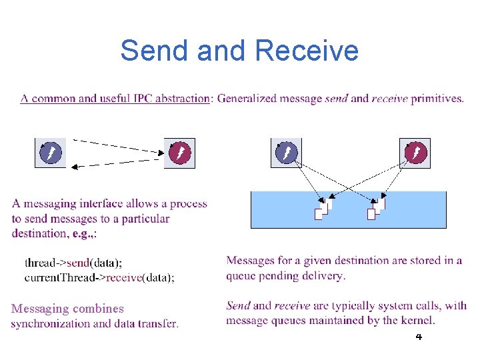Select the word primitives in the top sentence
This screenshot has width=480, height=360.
[437, 99]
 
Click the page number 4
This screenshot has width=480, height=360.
[419, 337]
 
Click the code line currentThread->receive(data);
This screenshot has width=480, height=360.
[99, 277]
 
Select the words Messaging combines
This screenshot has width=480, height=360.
[67, 309]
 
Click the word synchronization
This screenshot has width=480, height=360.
[50, 324]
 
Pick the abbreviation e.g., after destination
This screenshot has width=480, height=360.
[82, 233]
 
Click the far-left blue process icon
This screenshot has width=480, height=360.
[50, 153]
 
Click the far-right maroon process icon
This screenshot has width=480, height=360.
[415, 153]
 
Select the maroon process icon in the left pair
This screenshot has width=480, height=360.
[180, 153]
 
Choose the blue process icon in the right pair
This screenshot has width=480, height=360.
[286, 153]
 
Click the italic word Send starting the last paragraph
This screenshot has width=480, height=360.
[238, 306]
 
